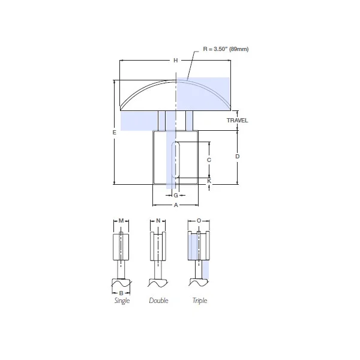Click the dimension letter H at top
point(176,61)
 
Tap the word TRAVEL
point(237,121)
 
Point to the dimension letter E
point(113,133)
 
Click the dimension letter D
point(238,156)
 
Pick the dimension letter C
point(209,160)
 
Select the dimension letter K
point(209,181)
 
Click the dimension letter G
point(176,196)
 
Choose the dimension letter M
point(121,221)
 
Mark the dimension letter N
point(158,221)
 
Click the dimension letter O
point(199,221)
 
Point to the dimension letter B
point(121,293)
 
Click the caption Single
point(122,301)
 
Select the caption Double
point(158,301)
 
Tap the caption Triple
point(199,301)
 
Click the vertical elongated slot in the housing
point(176,159)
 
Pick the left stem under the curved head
point(162,120)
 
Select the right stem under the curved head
point(189,120)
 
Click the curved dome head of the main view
point(175,96)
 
